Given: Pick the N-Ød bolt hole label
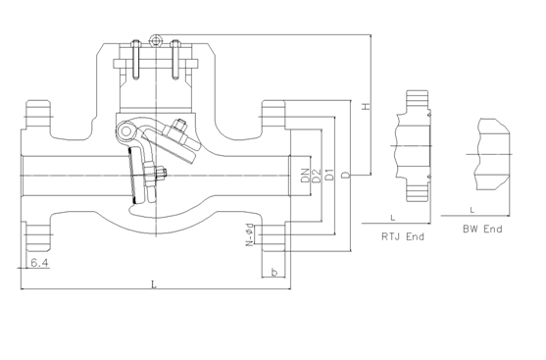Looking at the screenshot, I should coord(252,235).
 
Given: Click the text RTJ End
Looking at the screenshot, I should coord(403,236).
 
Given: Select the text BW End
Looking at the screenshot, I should coord(481,230).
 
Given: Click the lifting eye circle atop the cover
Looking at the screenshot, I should coord(155,40).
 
